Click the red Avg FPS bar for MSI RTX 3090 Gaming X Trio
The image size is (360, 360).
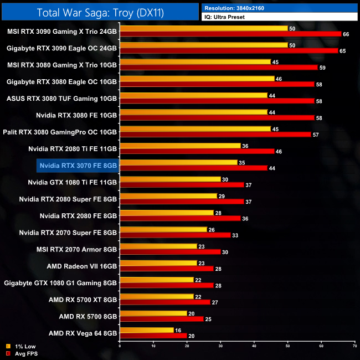230,34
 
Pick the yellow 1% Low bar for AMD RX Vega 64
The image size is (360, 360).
147,330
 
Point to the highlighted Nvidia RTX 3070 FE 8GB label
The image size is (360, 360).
78,165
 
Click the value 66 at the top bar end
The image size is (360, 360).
347,34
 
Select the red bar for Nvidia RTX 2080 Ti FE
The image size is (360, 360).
197,151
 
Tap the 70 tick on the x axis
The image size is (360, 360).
354,346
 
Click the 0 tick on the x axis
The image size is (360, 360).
120,346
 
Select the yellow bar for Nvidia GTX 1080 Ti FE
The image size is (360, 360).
170,179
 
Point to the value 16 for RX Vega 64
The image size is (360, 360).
179,330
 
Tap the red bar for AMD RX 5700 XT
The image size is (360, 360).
165,302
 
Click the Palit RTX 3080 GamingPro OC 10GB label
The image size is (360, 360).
61,132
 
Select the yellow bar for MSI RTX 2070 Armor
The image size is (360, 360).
158,246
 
